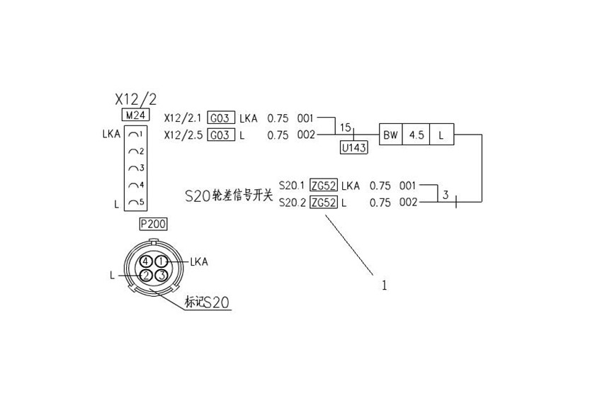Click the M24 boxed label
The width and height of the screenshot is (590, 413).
[135, 115]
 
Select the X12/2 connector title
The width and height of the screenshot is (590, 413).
[135, 99]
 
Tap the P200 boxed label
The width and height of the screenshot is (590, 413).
[153, 224]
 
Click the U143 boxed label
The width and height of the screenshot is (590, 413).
[353, 147]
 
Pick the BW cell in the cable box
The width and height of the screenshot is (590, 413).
[390, 135]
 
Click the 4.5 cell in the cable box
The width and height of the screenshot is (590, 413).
[416, 135]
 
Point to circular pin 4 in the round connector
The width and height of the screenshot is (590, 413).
[146, 261]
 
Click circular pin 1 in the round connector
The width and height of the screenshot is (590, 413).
[161, 261]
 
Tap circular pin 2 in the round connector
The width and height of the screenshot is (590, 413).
[146, 276]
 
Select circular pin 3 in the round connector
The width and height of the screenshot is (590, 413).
[161, 276]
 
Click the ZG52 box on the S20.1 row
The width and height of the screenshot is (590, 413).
[324, 185]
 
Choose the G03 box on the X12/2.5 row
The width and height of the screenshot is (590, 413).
[221, 135]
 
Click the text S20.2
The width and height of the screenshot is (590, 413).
[292, 203]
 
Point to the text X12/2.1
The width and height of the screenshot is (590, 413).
[183, 118]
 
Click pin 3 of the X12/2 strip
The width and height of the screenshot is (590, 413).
[136, 168]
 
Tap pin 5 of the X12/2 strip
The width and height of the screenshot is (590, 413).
[136, 202]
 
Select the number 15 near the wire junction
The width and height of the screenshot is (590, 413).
[345, 128]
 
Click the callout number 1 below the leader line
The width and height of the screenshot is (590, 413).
[384, 285]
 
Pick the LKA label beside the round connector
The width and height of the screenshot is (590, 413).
[199, 261]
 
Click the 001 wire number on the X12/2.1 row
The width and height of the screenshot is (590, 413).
[305, 118]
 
